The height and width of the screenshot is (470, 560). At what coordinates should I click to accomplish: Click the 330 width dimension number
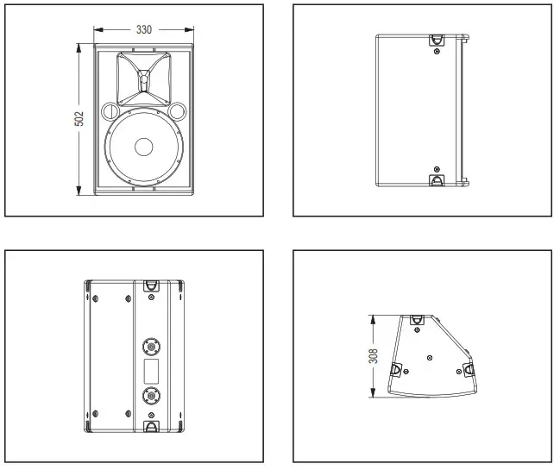[x=144, y=30]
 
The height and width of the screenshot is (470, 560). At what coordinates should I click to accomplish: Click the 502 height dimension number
[x=79, y=119]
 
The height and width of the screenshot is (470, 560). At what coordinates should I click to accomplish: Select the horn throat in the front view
[x=143, y=82]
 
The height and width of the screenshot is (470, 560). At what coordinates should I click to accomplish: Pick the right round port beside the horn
[x=178, y=112]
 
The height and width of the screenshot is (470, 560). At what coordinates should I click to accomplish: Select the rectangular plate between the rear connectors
[x=152, y=372]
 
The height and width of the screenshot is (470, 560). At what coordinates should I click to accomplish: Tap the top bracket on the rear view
[x=152, y=286]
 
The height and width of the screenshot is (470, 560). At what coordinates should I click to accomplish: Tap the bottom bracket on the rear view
[x=152, y=426]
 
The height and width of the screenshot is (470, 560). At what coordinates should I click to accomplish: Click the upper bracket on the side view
[x=436, y=40]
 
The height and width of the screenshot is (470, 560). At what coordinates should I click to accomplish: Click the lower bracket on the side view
[x=436, y=180]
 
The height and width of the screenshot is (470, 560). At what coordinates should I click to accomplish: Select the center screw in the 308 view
[x=430, y=356]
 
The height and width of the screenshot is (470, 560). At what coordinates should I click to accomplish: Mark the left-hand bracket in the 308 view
[x=397, y=369]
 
